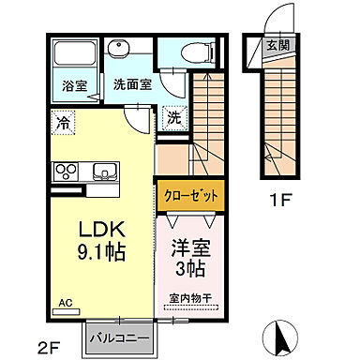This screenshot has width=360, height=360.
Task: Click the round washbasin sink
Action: pos(120,51)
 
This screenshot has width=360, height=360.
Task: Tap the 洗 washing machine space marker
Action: pos(174,118)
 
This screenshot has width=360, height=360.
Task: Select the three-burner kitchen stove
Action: pos(69,171)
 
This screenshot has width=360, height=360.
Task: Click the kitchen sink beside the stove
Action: pos(102,171)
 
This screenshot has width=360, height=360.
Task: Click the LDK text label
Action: pos(96,230)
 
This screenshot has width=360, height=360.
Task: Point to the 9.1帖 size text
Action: pos(96,252)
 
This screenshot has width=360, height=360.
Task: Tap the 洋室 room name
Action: pos(190,249)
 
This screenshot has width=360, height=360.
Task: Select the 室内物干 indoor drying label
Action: pos(190,299)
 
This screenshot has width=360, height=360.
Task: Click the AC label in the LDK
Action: pos(66,303)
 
